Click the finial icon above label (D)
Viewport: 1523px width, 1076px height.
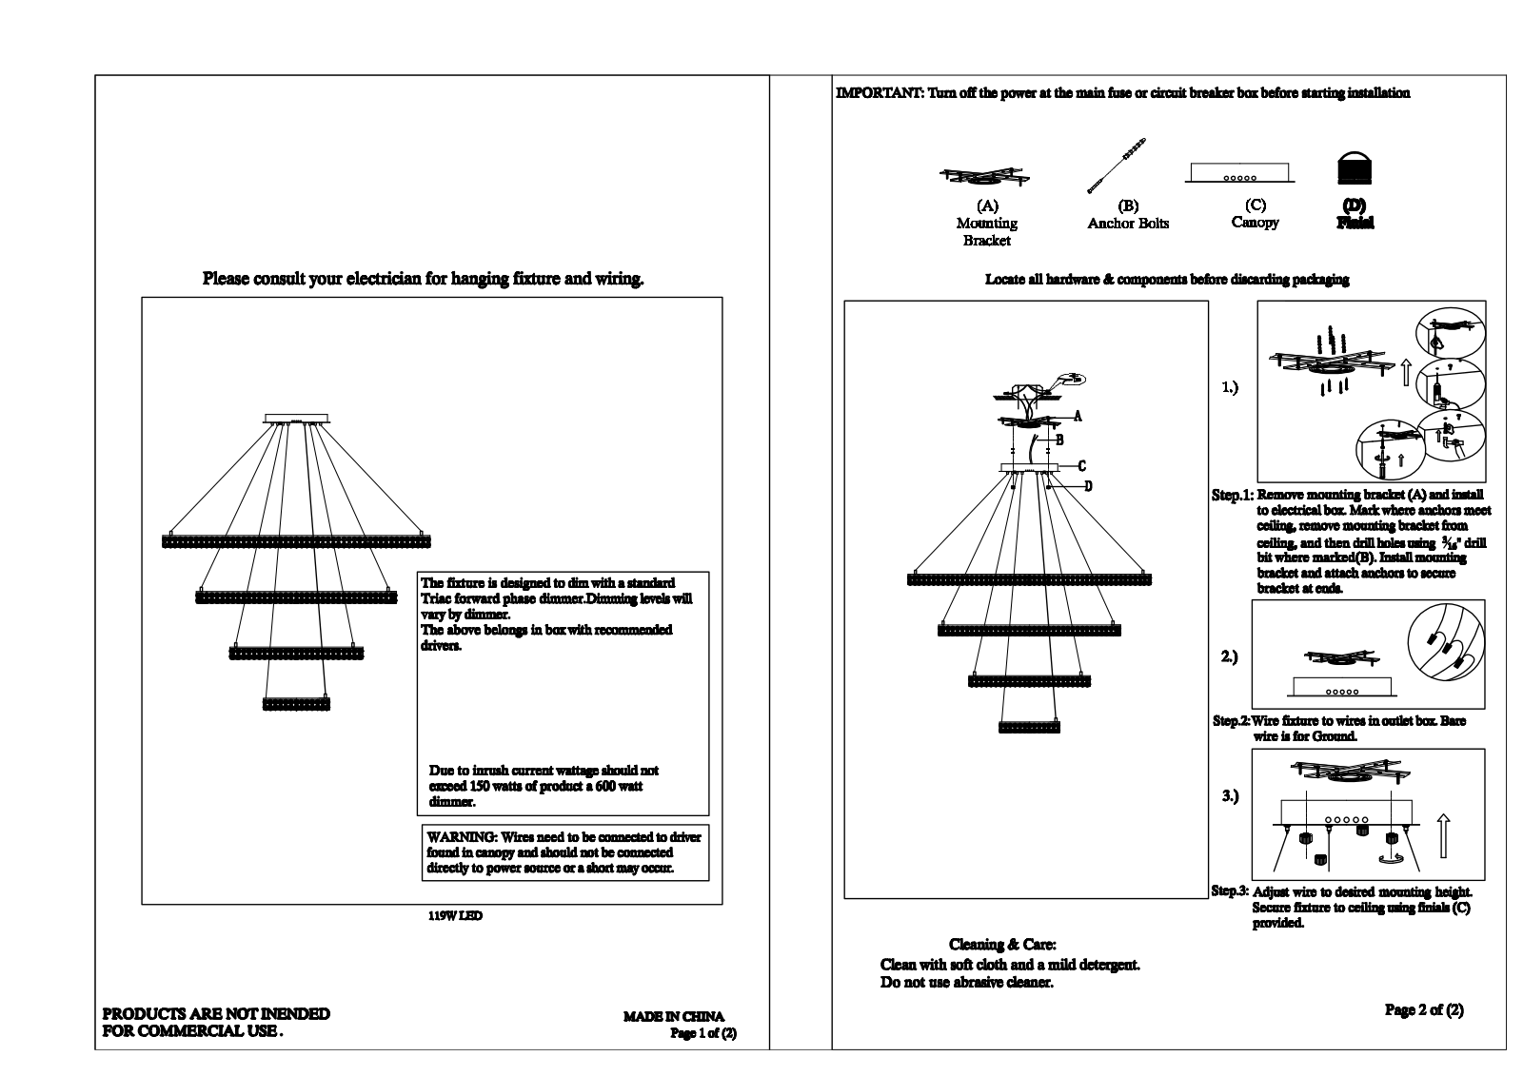[x=1355, y=167]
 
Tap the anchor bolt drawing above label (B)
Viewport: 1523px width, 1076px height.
[x=1117, y=166]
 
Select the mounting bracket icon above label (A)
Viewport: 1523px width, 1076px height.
[x=984, y=177]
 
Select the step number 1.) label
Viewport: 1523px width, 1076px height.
[x=1230, y=387]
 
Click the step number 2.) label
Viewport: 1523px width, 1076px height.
[x=1229, y=656]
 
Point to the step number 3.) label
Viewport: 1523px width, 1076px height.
[x=1230, y=795]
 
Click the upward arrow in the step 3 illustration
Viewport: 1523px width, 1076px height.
[x=1443, y=835]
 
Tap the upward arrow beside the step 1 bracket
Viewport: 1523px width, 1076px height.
[x=1407, y=373]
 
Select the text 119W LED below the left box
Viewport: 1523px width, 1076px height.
[x=456, y=915]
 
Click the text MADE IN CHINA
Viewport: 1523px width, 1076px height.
[x=674, y=1016]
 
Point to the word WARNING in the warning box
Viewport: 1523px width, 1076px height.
[x=462, y=837]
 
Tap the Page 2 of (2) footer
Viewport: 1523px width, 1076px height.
[x=1424, y=1010]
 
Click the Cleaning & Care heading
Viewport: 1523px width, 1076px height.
[x=1002, y=944]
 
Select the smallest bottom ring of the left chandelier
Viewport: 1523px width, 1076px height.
[x=296, y=703]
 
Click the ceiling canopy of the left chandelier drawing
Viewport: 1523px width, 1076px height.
[x=296, y=419]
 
